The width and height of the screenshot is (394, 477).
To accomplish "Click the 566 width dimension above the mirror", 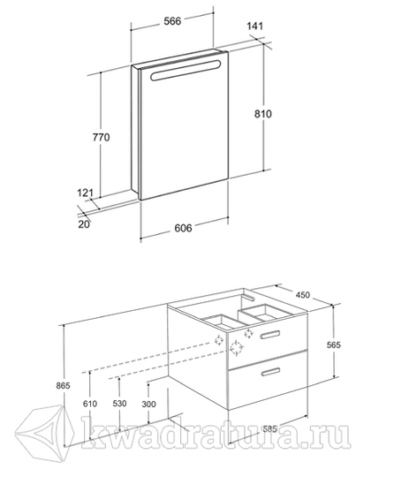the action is coord(172,21).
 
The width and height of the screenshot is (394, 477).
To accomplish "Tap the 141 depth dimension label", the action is coord(254,26).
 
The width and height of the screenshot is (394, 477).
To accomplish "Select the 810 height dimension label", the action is coord(263,114).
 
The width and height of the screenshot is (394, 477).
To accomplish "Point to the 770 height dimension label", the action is coord(101,138).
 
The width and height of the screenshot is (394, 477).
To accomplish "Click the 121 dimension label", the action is coord(85,193).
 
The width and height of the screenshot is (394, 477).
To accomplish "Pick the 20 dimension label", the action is coord(84,224).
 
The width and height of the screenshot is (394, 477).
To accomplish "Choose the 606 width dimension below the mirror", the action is coord(183,228).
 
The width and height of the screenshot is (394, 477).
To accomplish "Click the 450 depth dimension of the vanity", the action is coord(302,294).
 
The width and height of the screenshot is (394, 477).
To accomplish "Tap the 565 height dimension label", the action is coord(334,345).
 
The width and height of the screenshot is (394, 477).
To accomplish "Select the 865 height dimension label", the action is coord(63,385).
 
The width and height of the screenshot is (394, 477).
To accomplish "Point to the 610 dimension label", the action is coord(90,404).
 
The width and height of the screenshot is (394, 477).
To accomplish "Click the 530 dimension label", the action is coord(119,404).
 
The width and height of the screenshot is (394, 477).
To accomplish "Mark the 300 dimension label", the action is coord(148,404).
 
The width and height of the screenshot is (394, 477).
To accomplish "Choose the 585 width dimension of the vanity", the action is coord(269,429).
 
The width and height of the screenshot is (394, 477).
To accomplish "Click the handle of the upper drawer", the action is coord(270,334).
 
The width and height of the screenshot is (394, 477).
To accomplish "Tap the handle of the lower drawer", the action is coord(270,372).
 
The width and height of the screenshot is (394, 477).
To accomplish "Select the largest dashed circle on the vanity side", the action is coord(237,348).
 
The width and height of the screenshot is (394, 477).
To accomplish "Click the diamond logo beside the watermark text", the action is coord(45,431).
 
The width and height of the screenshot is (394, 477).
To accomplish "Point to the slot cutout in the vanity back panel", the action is coord(248,297).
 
